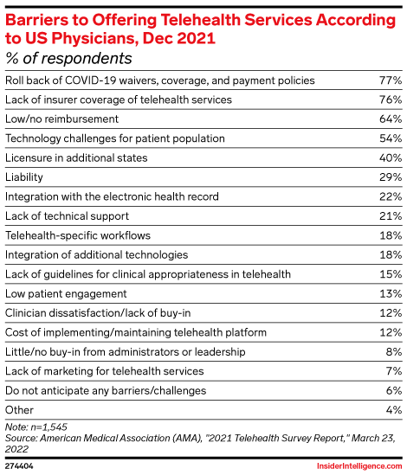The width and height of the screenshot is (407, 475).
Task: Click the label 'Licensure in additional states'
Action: (x=76, y=157)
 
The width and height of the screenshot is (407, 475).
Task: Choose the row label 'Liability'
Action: (x=24, y=177)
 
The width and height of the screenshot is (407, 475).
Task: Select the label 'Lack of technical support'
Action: (x=67, y=215)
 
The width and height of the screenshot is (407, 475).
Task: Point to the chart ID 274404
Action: (x=21, y=465)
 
